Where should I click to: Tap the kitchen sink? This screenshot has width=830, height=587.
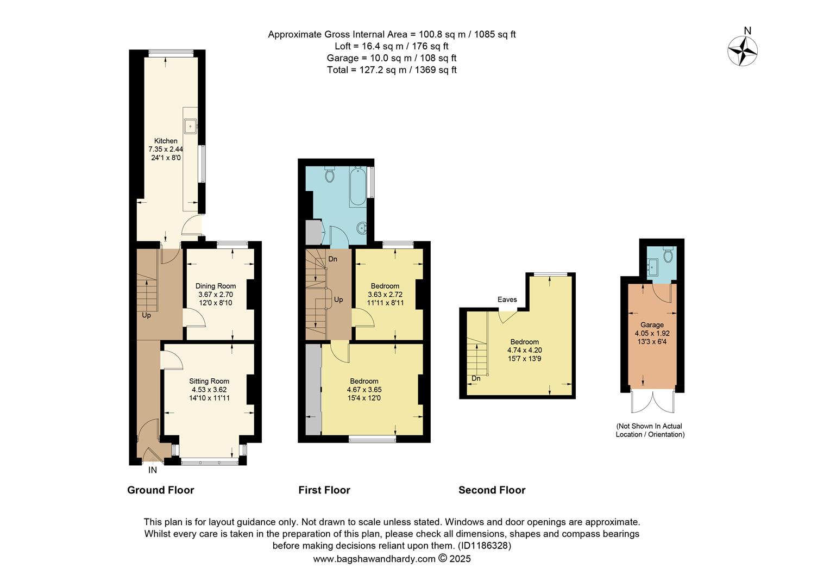coord(191,126)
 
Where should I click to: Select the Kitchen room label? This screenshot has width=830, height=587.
coord(166,141)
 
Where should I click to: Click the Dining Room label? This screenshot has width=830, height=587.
coord(216,286)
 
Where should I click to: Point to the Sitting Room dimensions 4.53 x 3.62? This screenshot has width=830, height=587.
coord(209,390)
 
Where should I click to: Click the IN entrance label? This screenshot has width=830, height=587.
coord(153,470)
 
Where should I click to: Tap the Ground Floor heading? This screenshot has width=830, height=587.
coord(160,490)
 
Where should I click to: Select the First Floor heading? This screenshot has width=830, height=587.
coord(324,490)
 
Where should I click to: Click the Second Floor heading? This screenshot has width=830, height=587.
coord(492,490)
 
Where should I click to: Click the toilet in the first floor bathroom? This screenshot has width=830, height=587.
coord(329,174)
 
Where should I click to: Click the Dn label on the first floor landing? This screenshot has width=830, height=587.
coord(332,259)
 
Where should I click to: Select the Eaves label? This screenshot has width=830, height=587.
coord(507,299)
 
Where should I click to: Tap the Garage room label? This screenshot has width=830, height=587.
coord(652,324)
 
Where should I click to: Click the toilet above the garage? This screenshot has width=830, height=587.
coord(668,254)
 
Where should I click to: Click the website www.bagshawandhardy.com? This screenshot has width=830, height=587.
coord(374,559)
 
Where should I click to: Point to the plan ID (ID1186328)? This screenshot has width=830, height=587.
coord(483,546)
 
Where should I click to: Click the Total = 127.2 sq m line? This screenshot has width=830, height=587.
coord(392,70)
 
